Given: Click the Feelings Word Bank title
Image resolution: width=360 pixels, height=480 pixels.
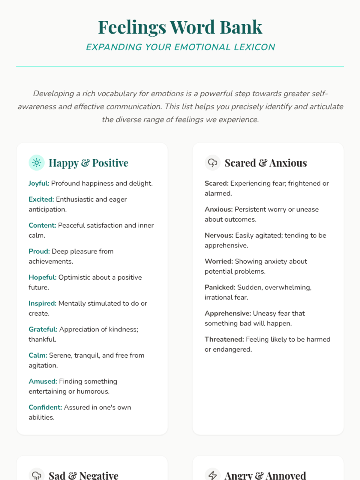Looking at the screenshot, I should point(180,27).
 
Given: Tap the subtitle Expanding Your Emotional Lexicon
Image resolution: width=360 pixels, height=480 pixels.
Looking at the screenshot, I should point(180,47).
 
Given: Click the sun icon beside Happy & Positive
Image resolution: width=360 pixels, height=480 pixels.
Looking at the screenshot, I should point(37,163).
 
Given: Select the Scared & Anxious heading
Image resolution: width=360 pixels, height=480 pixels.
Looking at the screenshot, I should point(265,163).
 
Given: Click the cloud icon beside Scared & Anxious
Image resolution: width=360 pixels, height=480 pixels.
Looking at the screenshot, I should point(212,163).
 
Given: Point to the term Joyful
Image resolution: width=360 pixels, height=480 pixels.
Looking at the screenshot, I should point(39,183).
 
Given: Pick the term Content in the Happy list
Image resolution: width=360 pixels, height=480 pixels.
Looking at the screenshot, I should point(42,225).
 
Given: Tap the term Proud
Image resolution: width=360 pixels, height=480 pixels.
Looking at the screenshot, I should point(39,251).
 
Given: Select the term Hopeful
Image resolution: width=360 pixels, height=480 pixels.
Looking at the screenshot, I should point(43,277).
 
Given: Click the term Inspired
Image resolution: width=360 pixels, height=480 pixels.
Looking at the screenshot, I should point(43,303).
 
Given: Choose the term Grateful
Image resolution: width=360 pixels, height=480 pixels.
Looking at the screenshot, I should point(43,329).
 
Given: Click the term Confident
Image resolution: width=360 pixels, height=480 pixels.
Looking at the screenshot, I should point(45,407).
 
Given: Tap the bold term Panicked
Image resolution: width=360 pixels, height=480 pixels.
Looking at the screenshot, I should point(220,287).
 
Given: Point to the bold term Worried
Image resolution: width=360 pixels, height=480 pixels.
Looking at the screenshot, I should point(219,261).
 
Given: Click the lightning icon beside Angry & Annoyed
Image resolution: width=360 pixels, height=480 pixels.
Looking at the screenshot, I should point(212,475).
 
